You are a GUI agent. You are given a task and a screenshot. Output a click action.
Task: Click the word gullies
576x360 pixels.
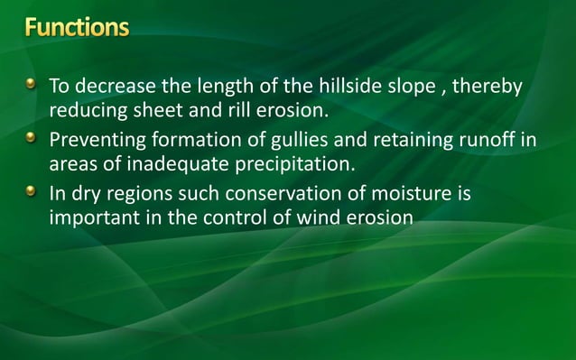tap(284, 141)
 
